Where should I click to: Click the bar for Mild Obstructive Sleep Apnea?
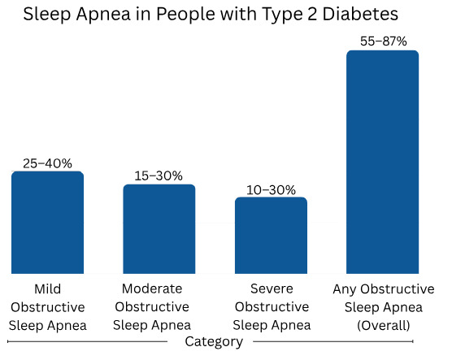[x=47, y=223]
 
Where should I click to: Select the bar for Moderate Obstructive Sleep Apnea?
[x=159, y=229]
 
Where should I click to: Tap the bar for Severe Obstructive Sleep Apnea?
[x=271, y=236]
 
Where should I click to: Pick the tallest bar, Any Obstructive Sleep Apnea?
[x=383, y=163]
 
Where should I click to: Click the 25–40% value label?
[x=47, y=163]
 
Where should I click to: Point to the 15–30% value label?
[x=159, y=176]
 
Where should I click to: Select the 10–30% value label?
[x=271, y=189]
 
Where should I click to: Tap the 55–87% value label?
[x=383, y=41]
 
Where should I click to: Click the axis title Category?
[x=214, y=342]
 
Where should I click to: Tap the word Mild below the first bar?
[x=47, y=288]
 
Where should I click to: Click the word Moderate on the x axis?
[x=152, y=288]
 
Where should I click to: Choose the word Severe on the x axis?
[x=271, y=288]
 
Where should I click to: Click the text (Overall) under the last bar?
[x=383, y=325]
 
